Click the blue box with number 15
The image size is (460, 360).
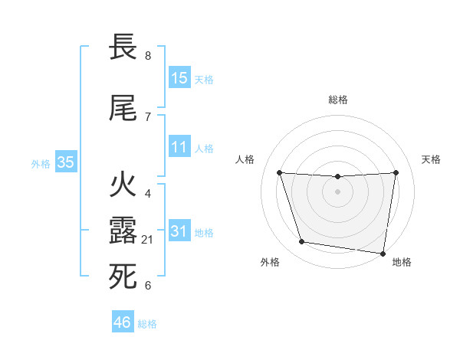(x=179, y=77)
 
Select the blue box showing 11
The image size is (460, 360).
(x=179, y=147)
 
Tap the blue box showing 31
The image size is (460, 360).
(x=179, y=231)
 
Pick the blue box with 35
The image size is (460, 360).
(x=66, y=162)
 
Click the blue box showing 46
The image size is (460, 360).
(x=123, y=322)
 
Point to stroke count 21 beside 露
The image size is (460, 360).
(x=149, y=240)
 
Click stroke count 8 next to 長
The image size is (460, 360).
(x=148, y=56)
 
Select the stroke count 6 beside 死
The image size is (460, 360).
(x=148, y=286)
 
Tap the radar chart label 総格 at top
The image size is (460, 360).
(x=337, y=100)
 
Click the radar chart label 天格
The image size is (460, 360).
(x=432, y=159)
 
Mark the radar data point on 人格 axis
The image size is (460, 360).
(x=279, y=172)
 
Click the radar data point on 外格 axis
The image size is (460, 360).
(x=302, y=242)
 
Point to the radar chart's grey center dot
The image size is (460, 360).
(x=337, y=191)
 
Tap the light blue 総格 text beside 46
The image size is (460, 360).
(x=147, y=324)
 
